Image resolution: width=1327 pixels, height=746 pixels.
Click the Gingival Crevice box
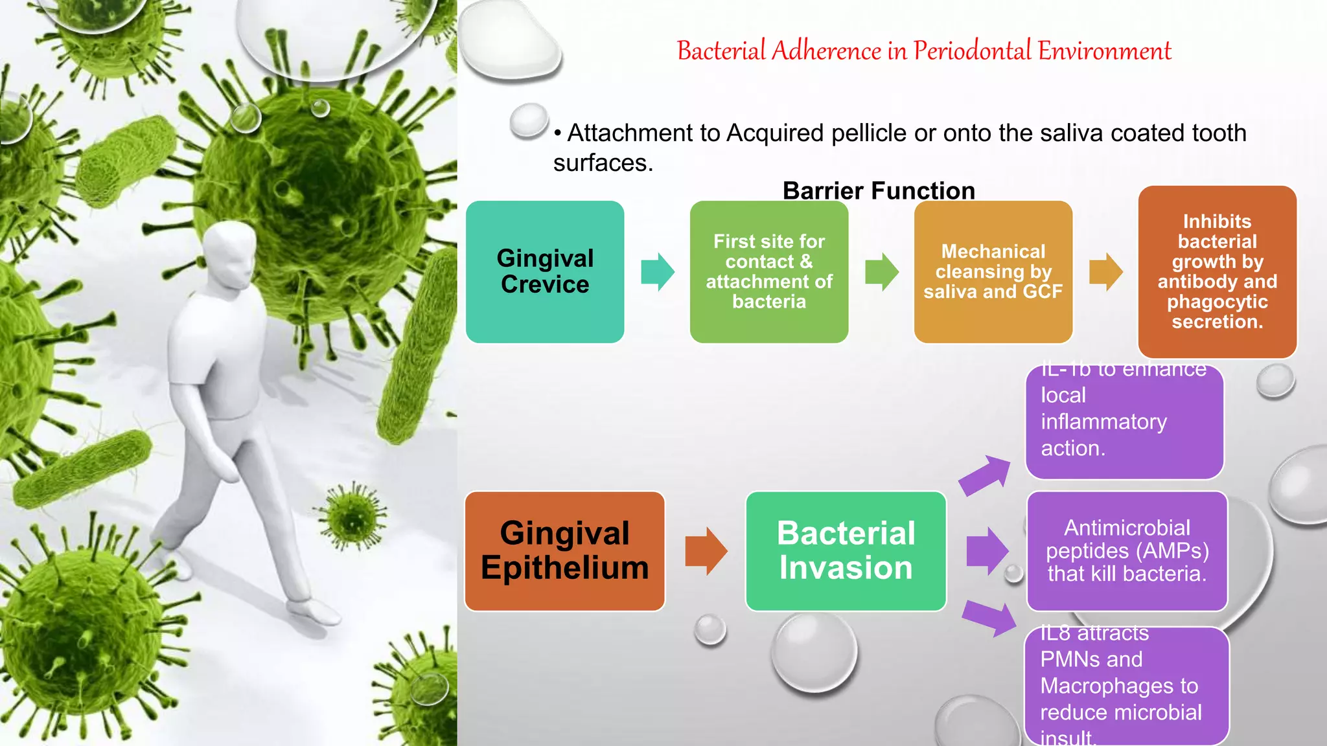(x=545, y=271)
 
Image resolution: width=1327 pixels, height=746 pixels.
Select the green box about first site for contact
(x=768, y=271)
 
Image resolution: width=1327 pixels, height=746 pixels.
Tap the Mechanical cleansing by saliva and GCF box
(x=993, y=271)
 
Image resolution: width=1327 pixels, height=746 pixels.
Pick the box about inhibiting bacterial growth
(x=1217, y=271)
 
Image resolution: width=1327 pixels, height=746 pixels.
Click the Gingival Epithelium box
(x=564, y=551)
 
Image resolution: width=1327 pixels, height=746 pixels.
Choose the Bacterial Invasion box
(x=846, y=551)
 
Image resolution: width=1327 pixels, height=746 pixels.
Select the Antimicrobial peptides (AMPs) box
(x=1127, y=551)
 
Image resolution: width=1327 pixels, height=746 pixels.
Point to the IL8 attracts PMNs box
(x=1126, y=686)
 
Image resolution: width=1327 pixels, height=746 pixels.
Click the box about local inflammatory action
(x=1124, y=422)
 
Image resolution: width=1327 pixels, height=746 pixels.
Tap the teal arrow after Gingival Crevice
(x=658, y=272)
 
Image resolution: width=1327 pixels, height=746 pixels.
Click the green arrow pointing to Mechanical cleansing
(x=882, y=272)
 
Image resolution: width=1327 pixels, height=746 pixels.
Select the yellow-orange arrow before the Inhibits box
(x=1105, y=272)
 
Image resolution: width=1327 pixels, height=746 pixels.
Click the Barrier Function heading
(x=879, y=190)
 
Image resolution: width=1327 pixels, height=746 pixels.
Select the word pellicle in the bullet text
(x=869, y=133)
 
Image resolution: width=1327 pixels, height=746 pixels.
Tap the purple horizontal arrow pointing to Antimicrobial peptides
(x=987, y=551)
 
